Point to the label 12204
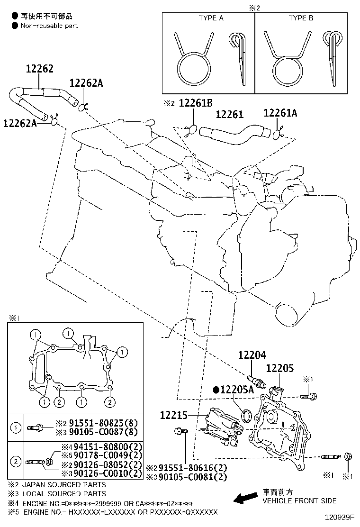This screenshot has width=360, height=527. click(x=252, y=355)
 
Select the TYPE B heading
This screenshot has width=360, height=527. click(x=301, y=18)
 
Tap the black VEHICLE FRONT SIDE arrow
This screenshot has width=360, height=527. click(x=245, y=497)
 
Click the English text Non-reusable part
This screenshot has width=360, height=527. click(x=49, y=26)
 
